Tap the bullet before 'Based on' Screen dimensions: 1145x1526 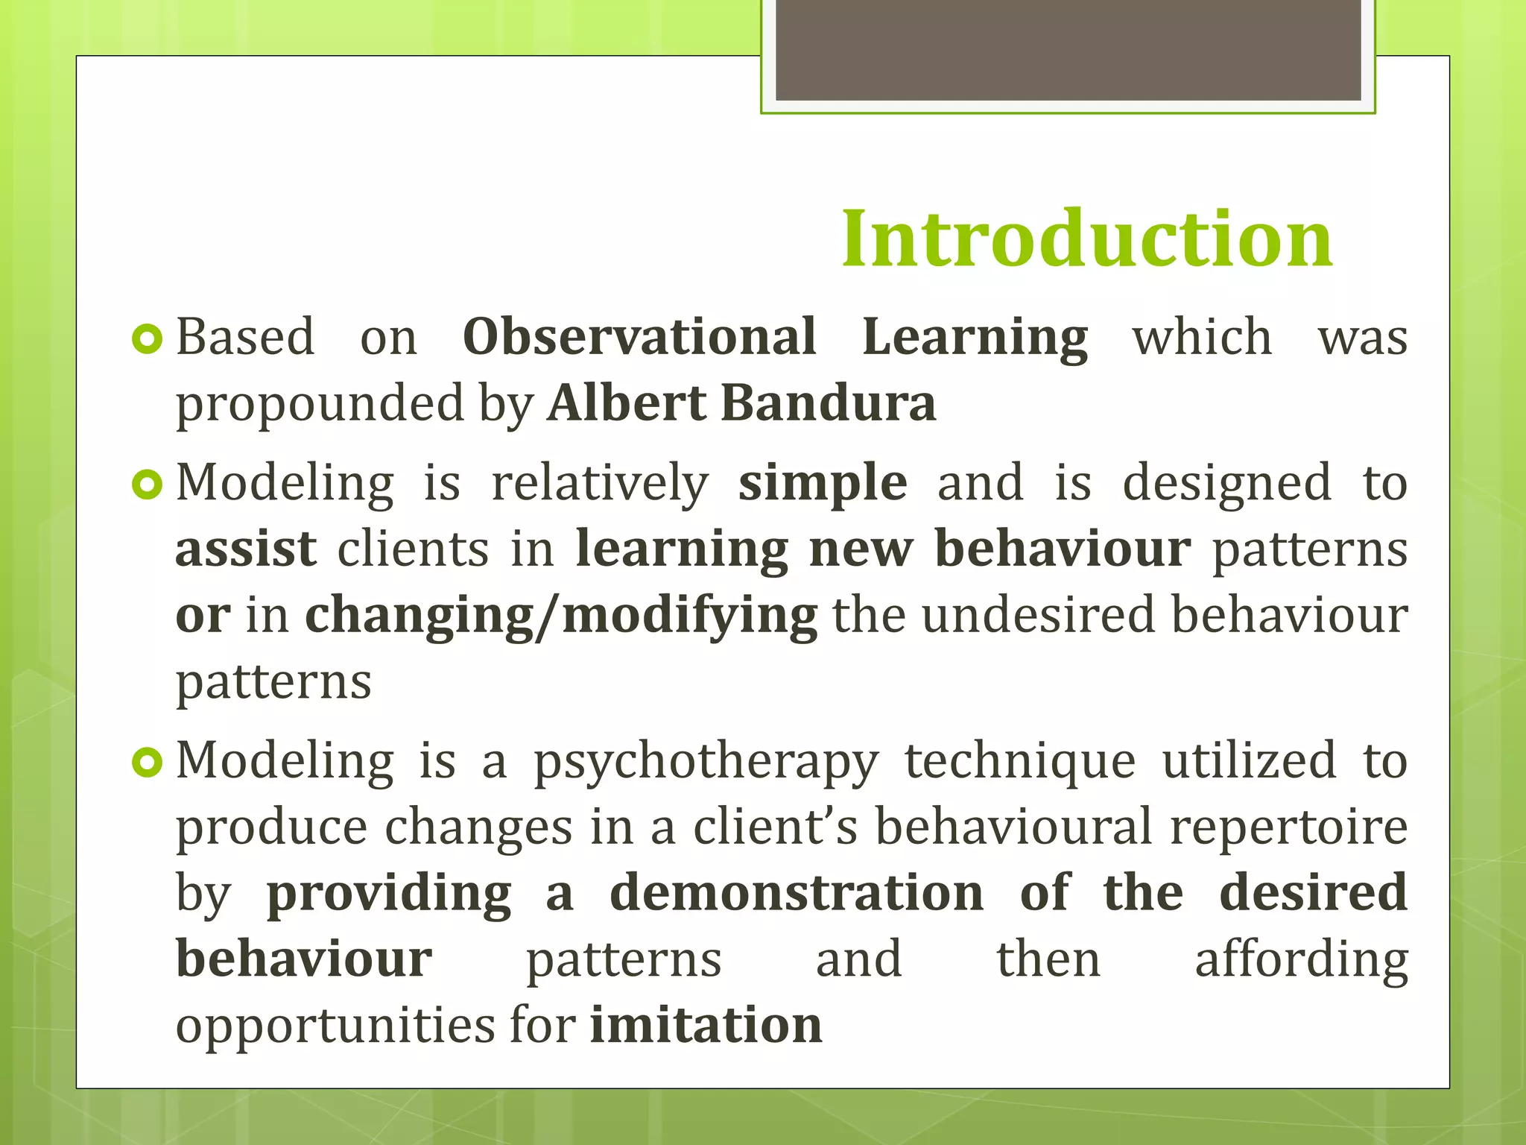pos(147,339)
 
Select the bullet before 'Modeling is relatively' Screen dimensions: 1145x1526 pos(147,485)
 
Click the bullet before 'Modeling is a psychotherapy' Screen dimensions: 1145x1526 pos(147,763)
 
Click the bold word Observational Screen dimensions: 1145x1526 pos(639,337)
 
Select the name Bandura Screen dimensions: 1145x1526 pos(828,403)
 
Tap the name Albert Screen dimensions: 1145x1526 pos(627,403)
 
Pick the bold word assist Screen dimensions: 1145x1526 pos(246,549)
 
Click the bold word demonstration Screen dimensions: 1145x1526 pos(797,893)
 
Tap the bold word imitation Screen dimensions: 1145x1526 pos(706,1025)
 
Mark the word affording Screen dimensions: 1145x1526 pos(1301,961)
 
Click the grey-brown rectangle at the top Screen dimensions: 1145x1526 pos(1068,49)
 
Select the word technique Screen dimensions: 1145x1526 pos(1020,763)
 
